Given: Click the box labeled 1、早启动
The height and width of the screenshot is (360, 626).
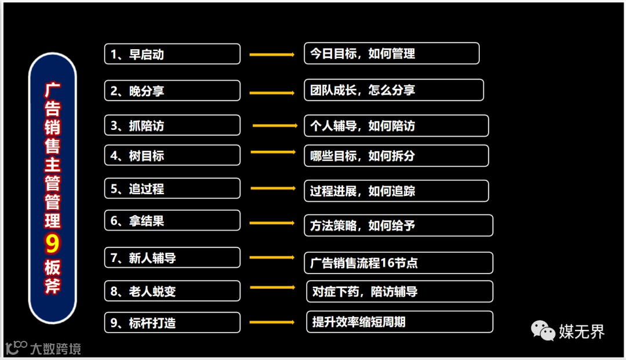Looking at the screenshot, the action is tap(172, 54).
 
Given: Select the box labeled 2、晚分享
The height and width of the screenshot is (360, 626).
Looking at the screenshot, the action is tap(172, 90).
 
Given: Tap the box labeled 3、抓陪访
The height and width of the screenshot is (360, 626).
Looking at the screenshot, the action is tap(172, 125).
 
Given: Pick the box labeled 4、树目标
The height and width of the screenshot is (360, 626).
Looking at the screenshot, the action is tap(172, 155).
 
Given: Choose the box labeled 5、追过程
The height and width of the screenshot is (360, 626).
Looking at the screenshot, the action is tap(172, 188).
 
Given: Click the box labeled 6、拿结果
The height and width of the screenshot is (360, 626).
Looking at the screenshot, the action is tap(172, 220).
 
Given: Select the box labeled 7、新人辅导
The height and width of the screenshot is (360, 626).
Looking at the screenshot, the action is tap(172, 257).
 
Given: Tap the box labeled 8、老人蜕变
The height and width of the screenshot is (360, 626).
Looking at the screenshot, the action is tap(172, 291).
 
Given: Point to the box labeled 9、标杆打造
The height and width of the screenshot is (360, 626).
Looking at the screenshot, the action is tap(172, 322).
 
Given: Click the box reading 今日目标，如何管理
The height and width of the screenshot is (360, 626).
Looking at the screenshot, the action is tap(391, 53).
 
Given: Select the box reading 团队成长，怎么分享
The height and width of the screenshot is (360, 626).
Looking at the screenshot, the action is tap(394, 90).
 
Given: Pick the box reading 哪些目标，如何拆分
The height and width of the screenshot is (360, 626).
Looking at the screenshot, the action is tap(396, 155).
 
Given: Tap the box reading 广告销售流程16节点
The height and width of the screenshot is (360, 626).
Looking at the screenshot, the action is tap(398, 263).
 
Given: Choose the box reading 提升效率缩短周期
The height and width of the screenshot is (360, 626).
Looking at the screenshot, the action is tap(399, 322).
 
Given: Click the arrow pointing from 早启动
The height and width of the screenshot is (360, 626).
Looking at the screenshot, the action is tap(272, 54).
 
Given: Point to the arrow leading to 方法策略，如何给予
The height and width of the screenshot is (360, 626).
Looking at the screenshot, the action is tap(272, 222).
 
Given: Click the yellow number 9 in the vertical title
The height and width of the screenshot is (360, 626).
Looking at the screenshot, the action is tap(52, 244).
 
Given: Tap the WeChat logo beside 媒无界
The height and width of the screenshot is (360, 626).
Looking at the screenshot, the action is tap(543, 331).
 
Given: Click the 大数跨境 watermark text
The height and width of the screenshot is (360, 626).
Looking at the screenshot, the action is tap(56, 348).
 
